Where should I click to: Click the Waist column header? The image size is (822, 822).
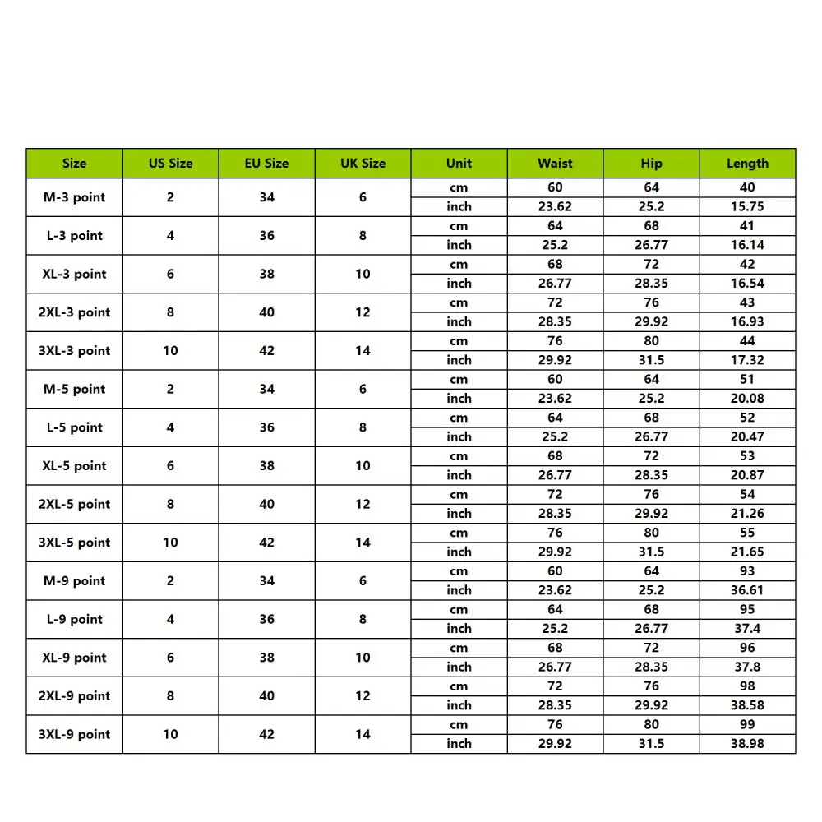tap(555, 163)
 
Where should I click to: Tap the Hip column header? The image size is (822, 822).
tap(651, 163)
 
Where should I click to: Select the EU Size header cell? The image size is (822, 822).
tap(266, 163)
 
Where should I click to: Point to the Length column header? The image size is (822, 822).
tap(747, 163)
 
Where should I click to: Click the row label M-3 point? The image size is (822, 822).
tap(74, 197)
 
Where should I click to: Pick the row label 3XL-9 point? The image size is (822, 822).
tap(74, 734)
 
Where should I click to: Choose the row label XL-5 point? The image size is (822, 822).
tap(74, 465)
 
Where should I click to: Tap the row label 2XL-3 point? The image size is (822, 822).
tap(74, 312)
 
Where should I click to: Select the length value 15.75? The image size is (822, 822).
tap(747, 206)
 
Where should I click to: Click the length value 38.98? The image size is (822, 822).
tap(747, 743)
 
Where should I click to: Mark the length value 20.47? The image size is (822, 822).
tap(747, 436)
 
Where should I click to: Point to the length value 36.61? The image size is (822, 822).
tap(747, 590)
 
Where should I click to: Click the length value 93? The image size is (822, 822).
tap(747, 571)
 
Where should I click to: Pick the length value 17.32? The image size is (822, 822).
tap(747, 360)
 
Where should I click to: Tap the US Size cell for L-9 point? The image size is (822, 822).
tap(170, 619)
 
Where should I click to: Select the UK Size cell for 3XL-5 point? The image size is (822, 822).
tap(363, 543)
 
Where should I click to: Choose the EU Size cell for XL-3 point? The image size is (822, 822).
tap(266, 274)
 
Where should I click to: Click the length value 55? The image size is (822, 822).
tap(747, 533)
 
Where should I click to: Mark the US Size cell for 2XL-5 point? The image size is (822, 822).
tap(170, 504)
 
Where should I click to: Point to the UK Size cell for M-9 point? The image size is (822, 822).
tap(363, 580)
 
